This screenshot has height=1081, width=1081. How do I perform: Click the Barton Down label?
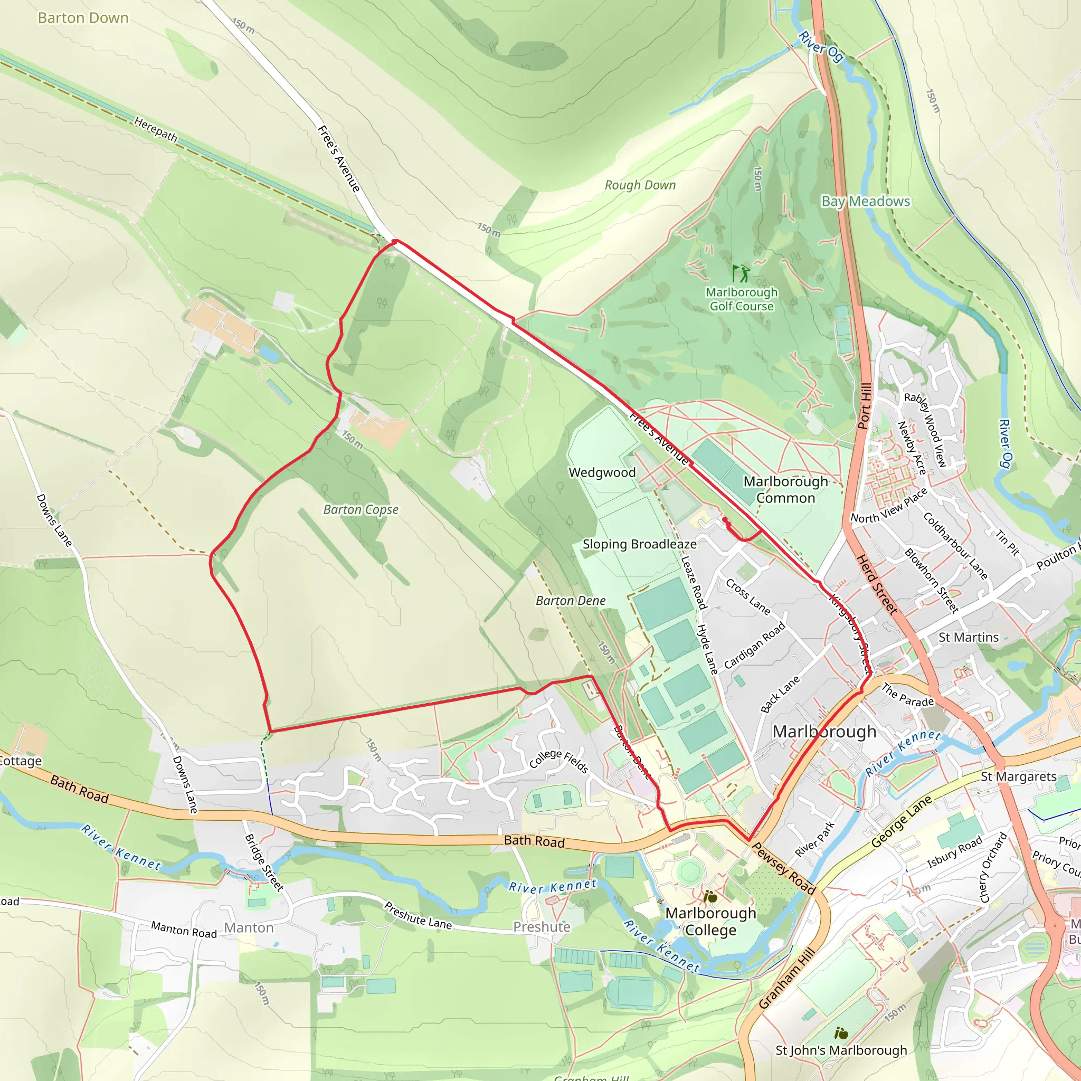(x=83, y=18)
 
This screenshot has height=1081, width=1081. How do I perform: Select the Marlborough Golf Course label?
(x=742, y=299)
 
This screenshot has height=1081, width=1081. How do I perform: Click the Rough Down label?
(x=640, y=185)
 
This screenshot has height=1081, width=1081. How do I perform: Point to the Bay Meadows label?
(x=865, y=202)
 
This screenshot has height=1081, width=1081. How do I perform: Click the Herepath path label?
(x=156, y=129)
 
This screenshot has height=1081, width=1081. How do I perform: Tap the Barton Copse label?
(x=361, y=510)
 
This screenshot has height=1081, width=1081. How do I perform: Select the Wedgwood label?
(x=602, y=472)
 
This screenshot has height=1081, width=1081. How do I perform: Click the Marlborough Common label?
(x=785, y=490)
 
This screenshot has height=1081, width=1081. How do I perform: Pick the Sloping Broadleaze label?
(x=640, y=544)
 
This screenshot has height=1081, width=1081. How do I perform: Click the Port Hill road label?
(x=865, y=406)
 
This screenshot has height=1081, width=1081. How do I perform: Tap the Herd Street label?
(x=877, y=584)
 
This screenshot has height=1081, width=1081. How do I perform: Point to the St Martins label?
(x=968, y=637)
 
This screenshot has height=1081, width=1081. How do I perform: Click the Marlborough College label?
(x=710, y=921)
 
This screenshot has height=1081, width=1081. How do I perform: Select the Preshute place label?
(x=542, y=927)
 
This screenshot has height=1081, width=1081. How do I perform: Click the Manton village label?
(x=249, y=928)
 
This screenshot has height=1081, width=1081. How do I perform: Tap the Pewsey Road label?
(x=783, y=868)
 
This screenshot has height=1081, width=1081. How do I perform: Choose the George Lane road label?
(x=902, y=821)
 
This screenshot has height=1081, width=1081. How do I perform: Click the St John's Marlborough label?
(x=841, y=1050)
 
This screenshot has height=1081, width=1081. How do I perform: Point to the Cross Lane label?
(x=747, y=596)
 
